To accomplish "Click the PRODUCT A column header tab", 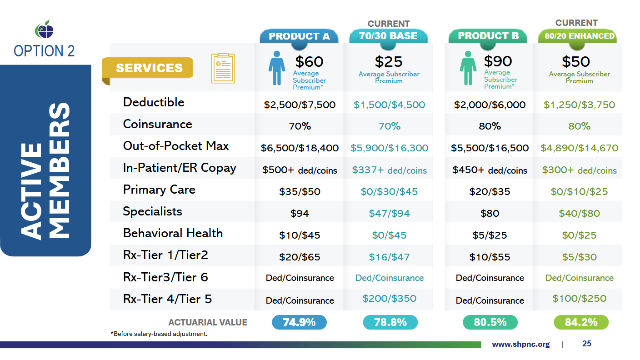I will tap(299, 36).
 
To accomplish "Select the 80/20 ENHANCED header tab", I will tap(576, 36).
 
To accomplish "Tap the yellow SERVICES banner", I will tap(149, 68).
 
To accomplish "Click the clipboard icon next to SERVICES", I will tap(223, 68).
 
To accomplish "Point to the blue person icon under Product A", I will tap(276, 69).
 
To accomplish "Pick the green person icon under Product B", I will tap(468, 69).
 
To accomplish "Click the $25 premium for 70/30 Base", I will tap(389, 61).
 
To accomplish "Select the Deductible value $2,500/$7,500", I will tap(300, 105).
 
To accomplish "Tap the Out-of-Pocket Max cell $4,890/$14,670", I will tap(579, 148).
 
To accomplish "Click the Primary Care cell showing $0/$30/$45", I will tap(389, 191).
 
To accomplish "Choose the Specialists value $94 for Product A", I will tap(300, 213).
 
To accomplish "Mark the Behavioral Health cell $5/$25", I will tap(490, 235).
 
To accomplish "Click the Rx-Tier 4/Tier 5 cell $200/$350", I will tap(389, 299).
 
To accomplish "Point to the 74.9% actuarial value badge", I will tap(299, 322).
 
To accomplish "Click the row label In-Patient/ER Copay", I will tap(180, 168).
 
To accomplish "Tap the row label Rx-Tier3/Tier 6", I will tap(165, 277).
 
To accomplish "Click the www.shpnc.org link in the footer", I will tap(520, 344).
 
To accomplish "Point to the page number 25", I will tap(587, 344).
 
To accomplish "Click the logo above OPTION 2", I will tap(44, 30).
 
